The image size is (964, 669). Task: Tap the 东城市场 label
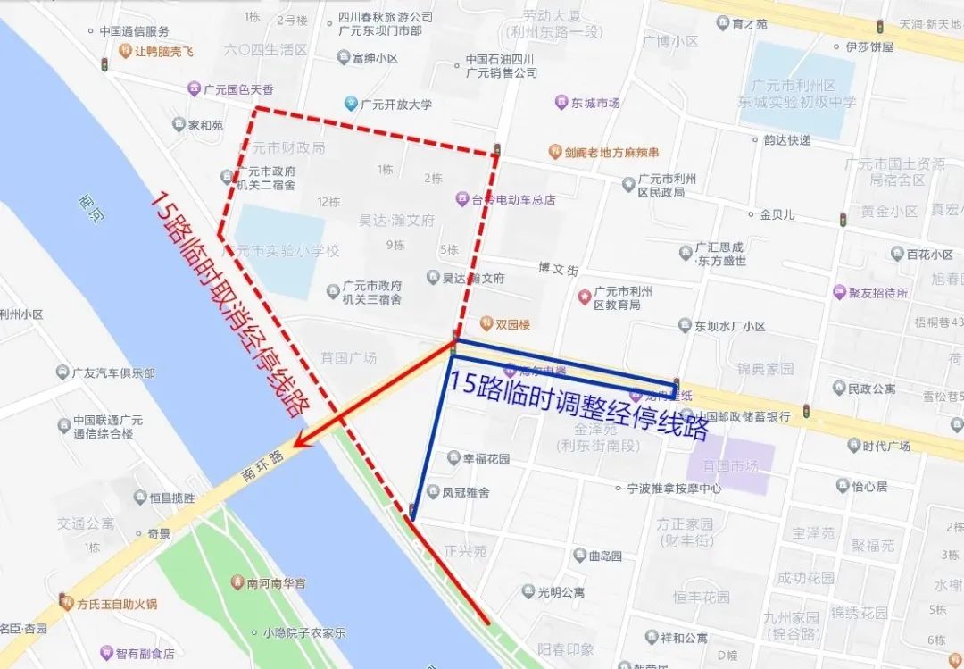595,103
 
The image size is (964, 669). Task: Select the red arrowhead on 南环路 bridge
305,439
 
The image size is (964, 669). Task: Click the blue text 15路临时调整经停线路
578,405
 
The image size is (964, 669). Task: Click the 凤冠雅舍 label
465,492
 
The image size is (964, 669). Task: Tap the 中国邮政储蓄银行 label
743,416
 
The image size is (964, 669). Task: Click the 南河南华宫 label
276,583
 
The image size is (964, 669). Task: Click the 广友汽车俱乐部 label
112,372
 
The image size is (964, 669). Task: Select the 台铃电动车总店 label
512,199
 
